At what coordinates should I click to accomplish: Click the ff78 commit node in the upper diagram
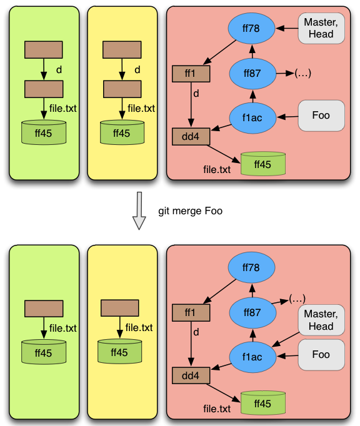(251, 28)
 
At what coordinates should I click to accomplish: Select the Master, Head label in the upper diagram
(321, 28)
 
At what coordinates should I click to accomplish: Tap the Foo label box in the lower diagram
(321, 355)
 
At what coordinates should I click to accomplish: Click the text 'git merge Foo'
(191, 211)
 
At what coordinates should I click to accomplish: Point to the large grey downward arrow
(139, 211)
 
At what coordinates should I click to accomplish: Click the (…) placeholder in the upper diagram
(303, 73)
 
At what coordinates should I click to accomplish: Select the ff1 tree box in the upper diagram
(191, 74)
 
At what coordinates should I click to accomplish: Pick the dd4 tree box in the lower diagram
(191, 375)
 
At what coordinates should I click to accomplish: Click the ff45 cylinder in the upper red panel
(263, 164)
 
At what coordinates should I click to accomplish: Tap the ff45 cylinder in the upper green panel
(44, 132)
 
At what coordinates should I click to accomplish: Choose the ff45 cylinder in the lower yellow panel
(119, 352)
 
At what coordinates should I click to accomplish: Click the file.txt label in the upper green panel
(62, 109)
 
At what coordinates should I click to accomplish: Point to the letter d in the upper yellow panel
(137, 70)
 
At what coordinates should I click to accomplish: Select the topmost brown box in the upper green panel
(44, 50)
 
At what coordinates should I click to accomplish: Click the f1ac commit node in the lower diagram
(252, 357)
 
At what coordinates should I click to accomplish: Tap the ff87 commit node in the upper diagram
(252, 73)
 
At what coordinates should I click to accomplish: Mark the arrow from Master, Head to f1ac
(285, 339)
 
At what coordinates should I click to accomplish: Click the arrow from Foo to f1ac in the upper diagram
(287, 117)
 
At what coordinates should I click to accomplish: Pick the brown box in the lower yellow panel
(119, 308)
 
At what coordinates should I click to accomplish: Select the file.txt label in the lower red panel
(217, 409)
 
